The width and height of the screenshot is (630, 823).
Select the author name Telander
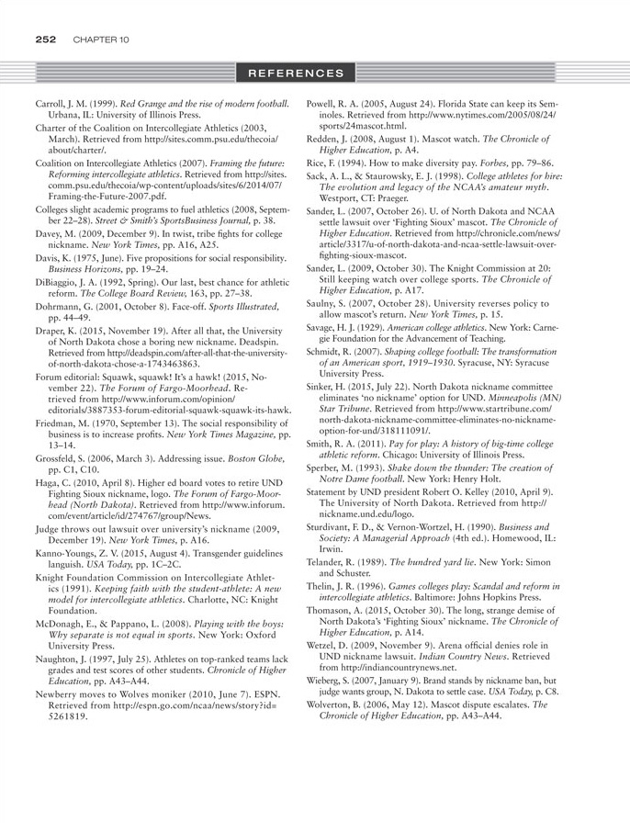coord(345,560)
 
